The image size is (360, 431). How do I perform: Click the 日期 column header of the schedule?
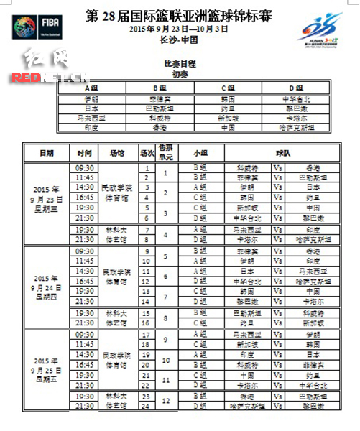(46, 153)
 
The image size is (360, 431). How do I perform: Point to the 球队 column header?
(283, 153)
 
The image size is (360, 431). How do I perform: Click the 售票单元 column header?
(166, 153)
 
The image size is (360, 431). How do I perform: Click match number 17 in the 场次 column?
(147, 335)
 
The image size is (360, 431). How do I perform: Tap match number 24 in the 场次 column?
(147, 406)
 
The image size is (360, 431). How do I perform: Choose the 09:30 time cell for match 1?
(84, 167)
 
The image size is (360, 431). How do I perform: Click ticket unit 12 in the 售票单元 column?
(166, 401)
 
